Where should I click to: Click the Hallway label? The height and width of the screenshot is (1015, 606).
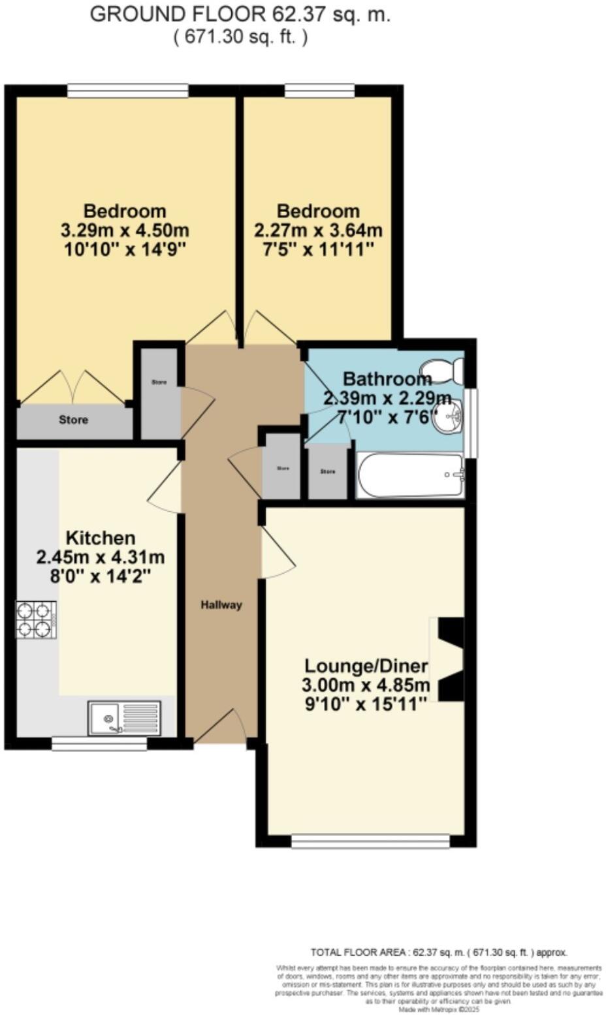221,605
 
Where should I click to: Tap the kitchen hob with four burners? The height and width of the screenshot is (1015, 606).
35,619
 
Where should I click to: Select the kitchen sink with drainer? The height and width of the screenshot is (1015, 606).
124,717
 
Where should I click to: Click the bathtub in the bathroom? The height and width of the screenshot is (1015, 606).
410,475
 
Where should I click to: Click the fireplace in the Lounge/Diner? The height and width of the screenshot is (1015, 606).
449,659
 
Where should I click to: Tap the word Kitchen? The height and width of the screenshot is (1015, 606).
101,538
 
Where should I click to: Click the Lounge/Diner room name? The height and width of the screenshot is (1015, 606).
366,666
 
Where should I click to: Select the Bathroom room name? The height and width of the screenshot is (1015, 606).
387,379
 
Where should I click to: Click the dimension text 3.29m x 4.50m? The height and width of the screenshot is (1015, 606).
125,230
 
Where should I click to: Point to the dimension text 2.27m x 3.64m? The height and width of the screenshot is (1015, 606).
318,230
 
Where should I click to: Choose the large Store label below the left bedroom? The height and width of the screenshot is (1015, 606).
73,420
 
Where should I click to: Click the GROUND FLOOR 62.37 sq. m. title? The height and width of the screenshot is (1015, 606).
240,14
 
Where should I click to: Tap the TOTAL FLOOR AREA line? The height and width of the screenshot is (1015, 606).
439,952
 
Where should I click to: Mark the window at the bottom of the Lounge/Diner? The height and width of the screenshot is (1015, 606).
370,841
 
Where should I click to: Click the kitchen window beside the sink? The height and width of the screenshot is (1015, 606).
99,743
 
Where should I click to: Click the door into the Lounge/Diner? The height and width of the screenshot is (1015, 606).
277,555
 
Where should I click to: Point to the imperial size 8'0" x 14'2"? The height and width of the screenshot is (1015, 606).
101,576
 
